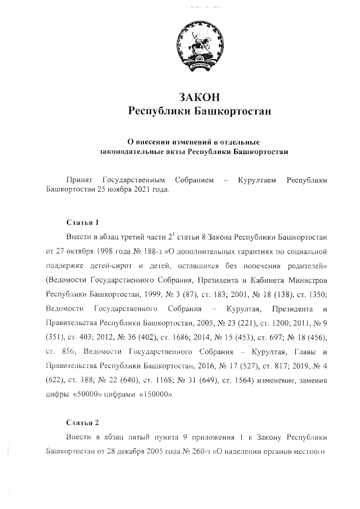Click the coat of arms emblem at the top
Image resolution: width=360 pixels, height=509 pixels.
pos(195,47)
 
